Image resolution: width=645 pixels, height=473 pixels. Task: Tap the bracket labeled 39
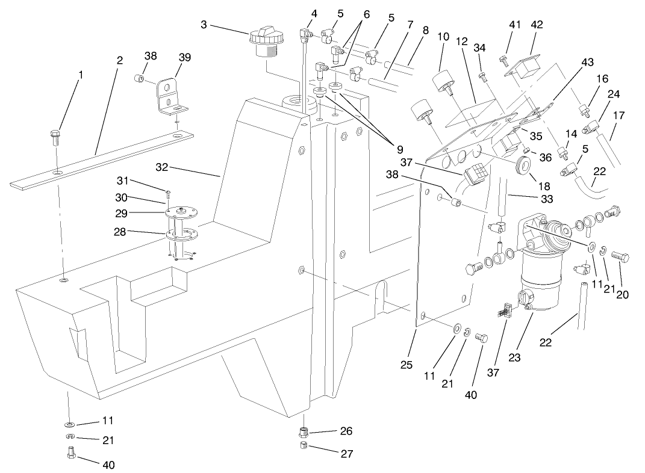(x=169, y=96)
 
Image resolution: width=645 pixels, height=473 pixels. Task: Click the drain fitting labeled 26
(x=304, y=433)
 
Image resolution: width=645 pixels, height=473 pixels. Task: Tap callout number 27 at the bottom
(x=346, y=454)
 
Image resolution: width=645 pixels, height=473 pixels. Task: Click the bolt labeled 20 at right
(x=620, y=258)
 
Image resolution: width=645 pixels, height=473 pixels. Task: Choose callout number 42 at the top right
(x=537, y=25)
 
